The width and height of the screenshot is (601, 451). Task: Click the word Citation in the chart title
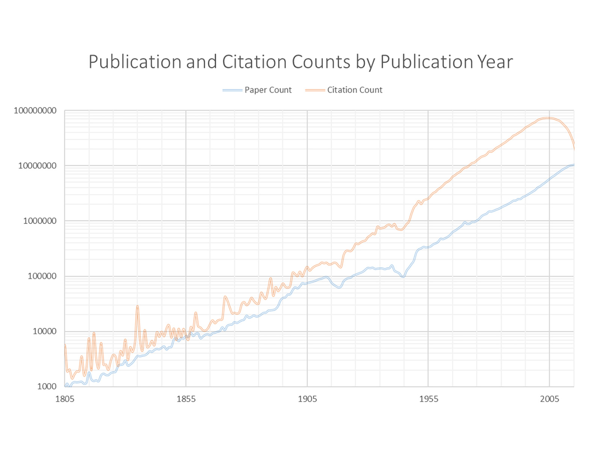(254, 62)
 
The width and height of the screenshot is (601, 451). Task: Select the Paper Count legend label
(268, 90)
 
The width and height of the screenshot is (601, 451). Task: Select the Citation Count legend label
(355, 90)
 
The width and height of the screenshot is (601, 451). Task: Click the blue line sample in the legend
(232, 90)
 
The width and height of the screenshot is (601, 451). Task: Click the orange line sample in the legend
(315, 90)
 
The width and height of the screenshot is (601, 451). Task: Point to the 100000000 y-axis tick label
(35, 111)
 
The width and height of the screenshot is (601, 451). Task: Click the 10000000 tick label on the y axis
(37, 166)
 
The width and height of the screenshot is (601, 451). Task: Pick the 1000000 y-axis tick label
(39, 221)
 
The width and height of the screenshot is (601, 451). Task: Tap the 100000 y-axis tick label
(42, 276)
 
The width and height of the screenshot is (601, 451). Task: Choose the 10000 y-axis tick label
(44, 331)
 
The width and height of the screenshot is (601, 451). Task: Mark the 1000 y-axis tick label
(47, 386)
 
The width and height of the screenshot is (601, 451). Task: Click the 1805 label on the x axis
(65, 399)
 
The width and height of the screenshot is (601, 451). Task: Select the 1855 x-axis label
(186, 399)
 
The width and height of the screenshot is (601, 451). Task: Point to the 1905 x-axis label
(307, 399)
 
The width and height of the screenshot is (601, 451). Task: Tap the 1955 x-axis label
(429, 399)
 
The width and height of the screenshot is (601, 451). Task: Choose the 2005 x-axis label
(550, 399)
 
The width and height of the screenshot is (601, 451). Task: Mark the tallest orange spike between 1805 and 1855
(137, 306)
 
